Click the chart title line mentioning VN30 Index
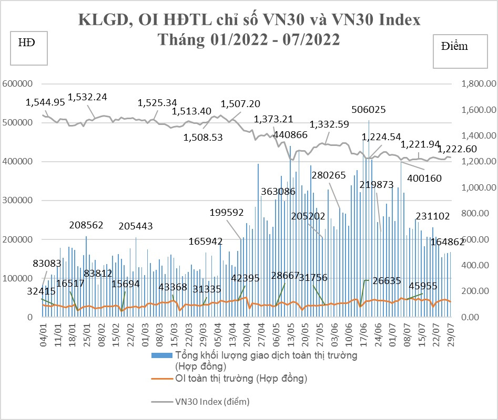tap(249, 20)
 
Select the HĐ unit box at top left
tap(29, 48)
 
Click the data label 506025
tap(369, 110)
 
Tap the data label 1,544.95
tap(45, 102)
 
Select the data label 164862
tap(448, 242)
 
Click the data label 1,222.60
tap(458, 149)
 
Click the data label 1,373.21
tap(273, 119)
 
